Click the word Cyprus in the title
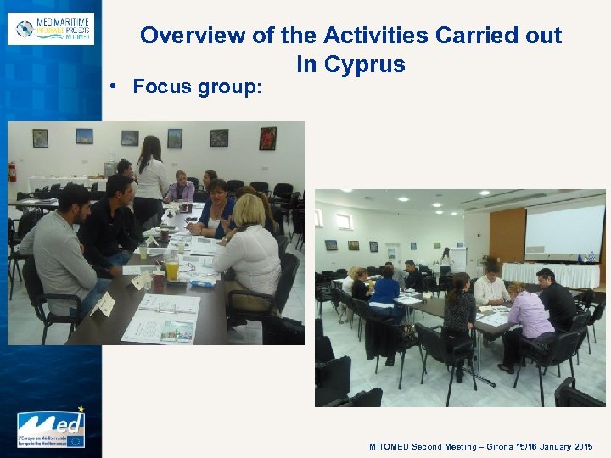point(363,64)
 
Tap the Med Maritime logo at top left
point(51,28)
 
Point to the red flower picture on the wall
point(267,138)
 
